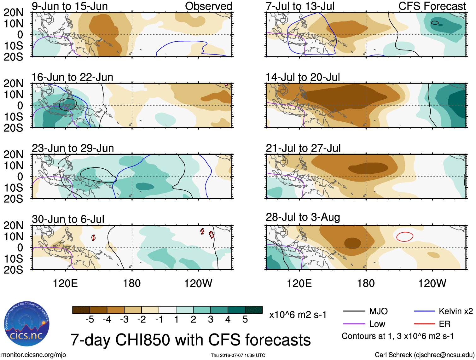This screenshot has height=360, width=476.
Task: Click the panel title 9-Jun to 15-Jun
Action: [x=70, y=6]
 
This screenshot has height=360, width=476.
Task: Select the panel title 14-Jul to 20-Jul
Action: [x=303, y=77]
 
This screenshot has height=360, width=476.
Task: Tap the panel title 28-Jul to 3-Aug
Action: [x=303, y=217]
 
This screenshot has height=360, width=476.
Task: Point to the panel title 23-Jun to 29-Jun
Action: [x=73, y=148]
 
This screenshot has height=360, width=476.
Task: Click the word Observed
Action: [x=208, y=6]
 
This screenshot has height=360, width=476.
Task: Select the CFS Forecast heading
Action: [x=432, y=6]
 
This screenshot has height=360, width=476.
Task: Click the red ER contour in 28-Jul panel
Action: [x=404, y=236]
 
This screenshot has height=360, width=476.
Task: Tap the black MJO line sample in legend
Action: [x=354, y=311]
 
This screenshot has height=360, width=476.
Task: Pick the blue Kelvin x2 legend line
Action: [x=424, y=311]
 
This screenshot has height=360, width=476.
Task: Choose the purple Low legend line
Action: [x=354, y=324]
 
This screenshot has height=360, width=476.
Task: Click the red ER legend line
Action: [x=424, y=324]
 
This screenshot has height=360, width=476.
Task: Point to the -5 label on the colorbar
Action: [x=90, y=320]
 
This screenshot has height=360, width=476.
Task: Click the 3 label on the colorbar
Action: [x=211, y=320]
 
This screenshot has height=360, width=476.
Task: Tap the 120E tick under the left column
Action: [x=65, y=283]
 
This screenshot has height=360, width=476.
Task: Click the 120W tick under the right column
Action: [x=432, y=283]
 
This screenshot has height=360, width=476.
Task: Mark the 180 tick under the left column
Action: [x=132, y=283]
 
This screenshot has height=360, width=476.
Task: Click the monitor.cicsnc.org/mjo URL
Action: [x=34, y=355]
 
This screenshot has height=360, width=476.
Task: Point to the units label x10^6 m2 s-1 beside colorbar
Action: [x=298, y=315]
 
